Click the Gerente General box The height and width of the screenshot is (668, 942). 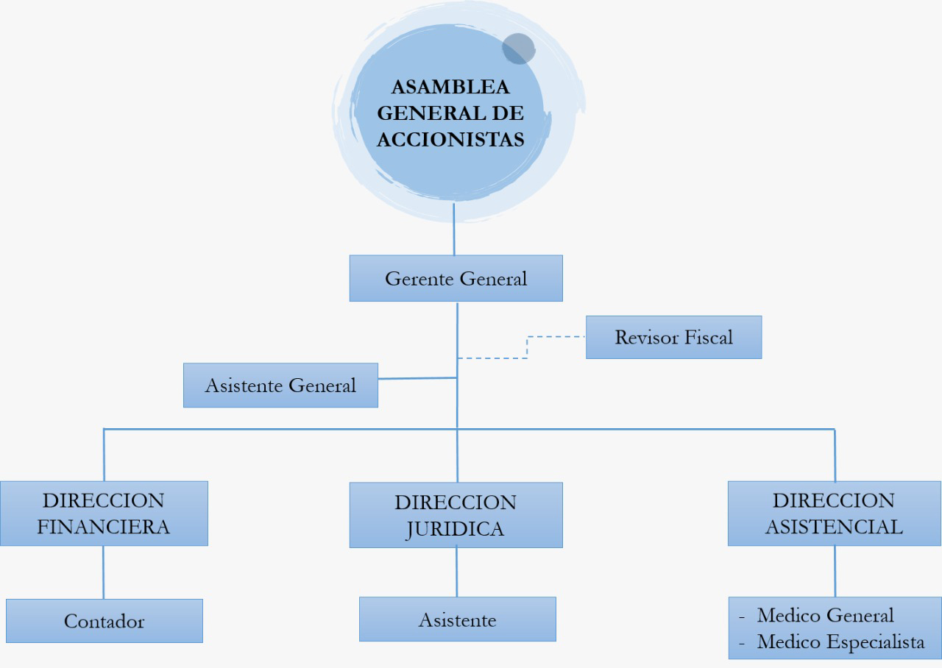click(456, 278)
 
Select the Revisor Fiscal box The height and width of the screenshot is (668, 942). click(673, 337)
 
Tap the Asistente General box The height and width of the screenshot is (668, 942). click(280, 385)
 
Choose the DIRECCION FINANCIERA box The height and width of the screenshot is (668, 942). click(104, 514)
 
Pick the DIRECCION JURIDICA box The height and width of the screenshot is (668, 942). click(456, 515)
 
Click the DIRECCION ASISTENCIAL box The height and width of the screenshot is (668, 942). click(834, 514)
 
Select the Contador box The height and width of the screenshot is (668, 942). click(104, 621)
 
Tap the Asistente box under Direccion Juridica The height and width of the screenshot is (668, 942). click(457, 619)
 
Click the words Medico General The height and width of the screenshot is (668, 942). click(825, 615)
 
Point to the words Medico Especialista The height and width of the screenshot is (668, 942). click(840, 642)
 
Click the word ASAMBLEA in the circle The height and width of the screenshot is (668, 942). click(450, 87)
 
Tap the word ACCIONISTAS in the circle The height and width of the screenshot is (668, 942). click(450, 139)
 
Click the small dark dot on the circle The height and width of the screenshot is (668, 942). click(518, 49)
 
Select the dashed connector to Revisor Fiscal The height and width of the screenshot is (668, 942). click(528, 347)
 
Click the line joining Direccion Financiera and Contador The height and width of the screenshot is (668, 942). click(103, 572)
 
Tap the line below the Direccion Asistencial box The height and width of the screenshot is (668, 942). click(835, 571)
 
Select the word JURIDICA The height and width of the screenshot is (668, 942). click(456, 529)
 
